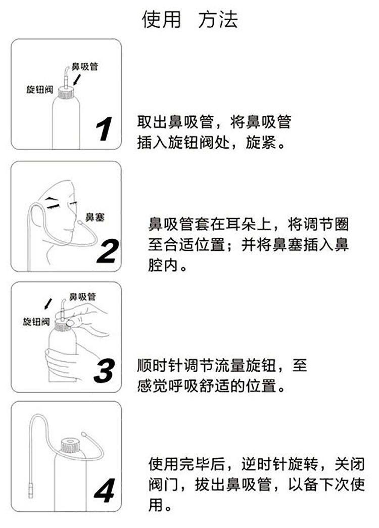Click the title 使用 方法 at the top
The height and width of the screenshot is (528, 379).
click(x=189, y=19)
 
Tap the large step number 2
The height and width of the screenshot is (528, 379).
click(x=107, y=251)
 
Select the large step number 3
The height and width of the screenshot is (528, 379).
click(x=105, y=372)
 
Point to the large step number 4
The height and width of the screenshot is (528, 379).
click(x=105, y=491)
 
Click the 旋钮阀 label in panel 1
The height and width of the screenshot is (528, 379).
click(x=39, y=90)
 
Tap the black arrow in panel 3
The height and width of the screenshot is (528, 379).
click(x=48, y=303)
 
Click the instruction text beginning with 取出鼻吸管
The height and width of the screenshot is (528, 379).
click(x=214, y=122)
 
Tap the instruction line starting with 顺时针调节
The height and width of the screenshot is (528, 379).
click(x=222, y=365)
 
